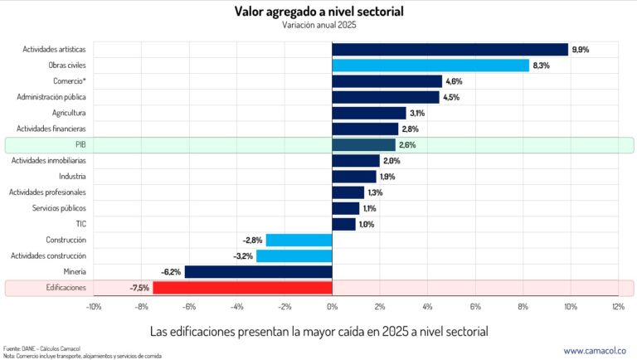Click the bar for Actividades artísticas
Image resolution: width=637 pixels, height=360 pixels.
tap(450, 50)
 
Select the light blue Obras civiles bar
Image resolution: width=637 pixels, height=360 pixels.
tap(430, 66)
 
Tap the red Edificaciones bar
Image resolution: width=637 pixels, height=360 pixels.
tap(242, 288)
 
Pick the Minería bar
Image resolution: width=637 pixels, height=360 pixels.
tap(258, 272)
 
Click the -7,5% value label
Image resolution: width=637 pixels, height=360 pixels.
tap(139, 288)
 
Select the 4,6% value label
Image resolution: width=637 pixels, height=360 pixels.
tap(454, 81)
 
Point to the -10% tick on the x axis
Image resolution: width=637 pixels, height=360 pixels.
tap(93, 307)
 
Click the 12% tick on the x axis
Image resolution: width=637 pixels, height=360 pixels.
tap(618, 307)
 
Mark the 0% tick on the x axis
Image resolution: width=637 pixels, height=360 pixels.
tap(332, 307)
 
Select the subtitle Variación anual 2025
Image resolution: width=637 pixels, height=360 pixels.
tap(318, 25)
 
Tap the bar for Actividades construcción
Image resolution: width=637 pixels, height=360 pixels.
tap(294, 256)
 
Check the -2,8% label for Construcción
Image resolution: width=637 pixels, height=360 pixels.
tap(251, 241)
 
